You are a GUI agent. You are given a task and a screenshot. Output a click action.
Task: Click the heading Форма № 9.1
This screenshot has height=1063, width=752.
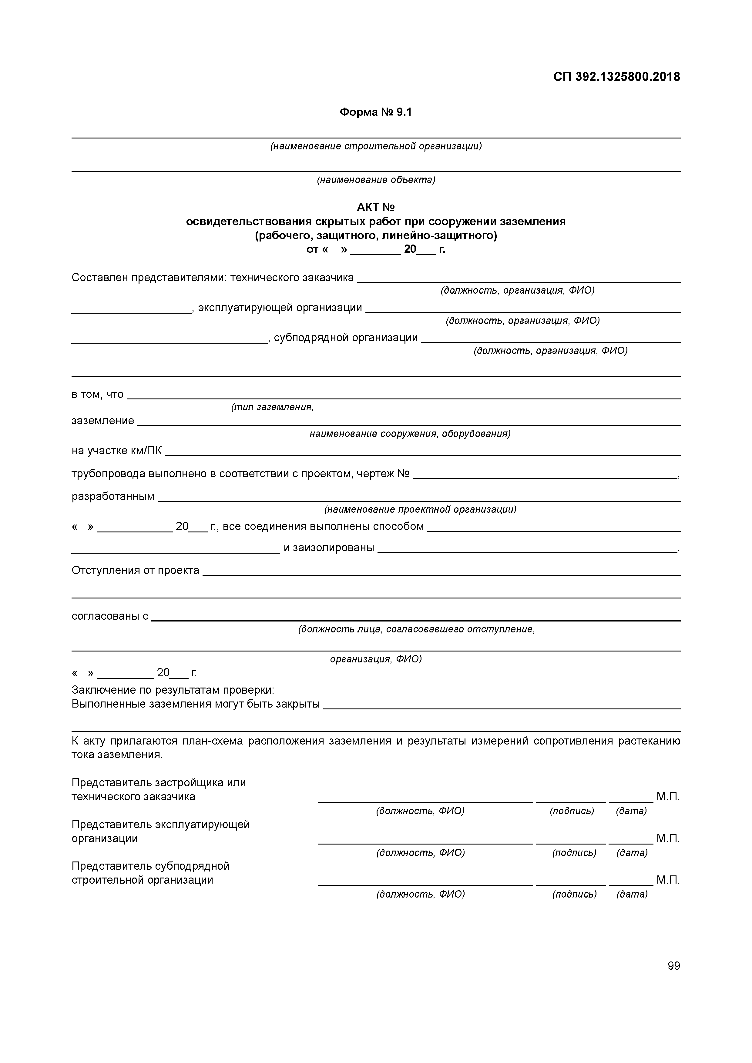tap(375, 112)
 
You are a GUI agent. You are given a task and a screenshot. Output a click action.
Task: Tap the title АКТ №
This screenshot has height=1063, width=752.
tap(375, 207)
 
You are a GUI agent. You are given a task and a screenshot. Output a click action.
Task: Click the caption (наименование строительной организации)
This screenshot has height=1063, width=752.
tap(376, 146)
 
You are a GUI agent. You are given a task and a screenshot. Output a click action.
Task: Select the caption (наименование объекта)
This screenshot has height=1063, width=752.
tap(376, 180)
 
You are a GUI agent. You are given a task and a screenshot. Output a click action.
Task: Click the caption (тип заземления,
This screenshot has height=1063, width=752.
tap(272, 407)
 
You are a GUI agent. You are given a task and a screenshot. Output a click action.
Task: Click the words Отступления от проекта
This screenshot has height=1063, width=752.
tap(135, 570)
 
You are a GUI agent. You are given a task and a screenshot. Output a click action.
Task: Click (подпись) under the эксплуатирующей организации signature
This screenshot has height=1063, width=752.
tap(574, 852)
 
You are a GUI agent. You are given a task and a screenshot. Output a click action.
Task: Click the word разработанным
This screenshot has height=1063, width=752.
tap(113, 497)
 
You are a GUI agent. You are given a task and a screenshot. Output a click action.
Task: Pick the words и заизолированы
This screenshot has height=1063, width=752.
tap(328, 548)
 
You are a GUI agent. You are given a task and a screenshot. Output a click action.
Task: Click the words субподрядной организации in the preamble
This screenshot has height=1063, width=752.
tap(346, 338)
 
